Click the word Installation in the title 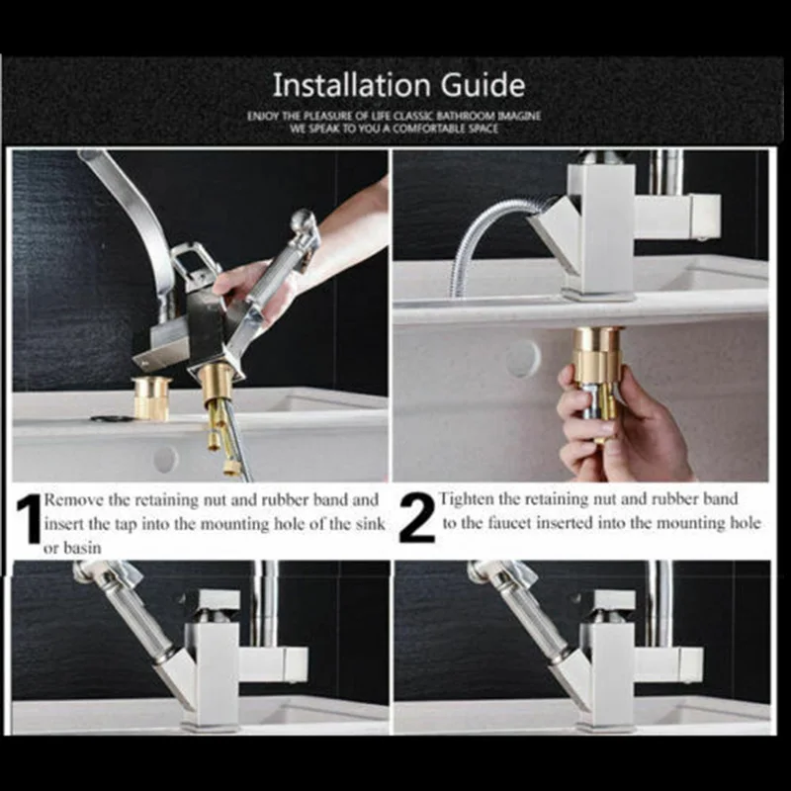353,85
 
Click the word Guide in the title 483,85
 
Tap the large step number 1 29,519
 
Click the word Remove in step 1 74,500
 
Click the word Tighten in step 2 466,499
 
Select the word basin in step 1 81,548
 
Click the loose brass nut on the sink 152,397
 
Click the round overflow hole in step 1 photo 165,459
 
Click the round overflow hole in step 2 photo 523,358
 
